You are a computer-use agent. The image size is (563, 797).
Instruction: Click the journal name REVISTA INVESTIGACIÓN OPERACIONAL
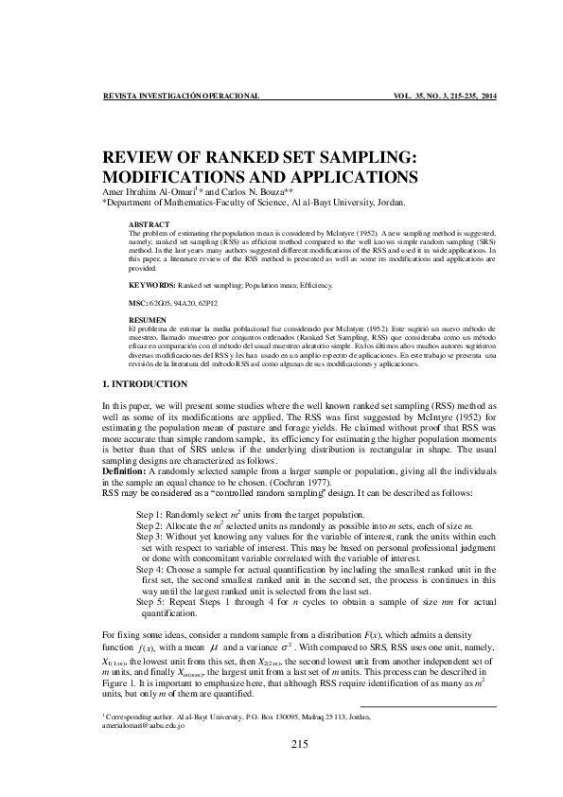[x=180, y=97]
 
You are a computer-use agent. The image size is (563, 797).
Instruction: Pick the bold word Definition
[x=124, y=470]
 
